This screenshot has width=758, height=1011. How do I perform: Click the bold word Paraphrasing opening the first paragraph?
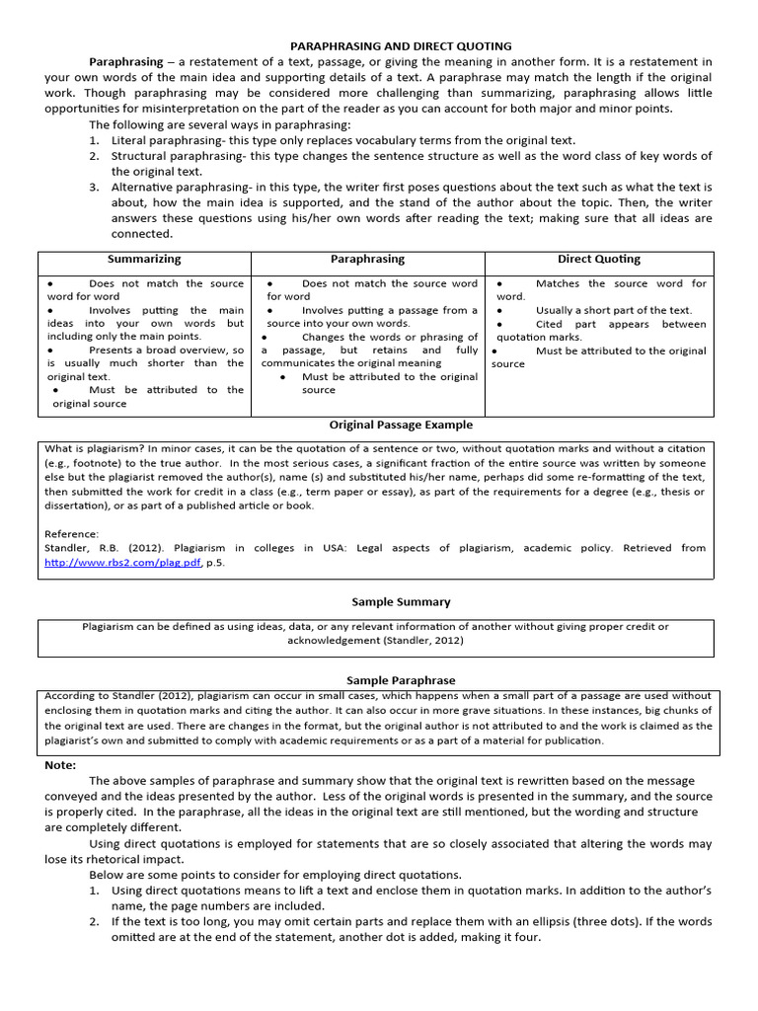pos(126,61)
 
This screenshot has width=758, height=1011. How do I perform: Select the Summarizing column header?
pos(144,260)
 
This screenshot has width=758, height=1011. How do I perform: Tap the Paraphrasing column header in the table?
pos(367,260)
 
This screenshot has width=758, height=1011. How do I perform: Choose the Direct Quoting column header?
pos(598,260)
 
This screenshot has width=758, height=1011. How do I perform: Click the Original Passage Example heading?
pos(400,426)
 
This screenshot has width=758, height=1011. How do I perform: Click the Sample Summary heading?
pos(401,601)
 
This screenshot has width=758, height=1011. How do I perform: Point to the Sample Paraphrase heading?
pos(401,681)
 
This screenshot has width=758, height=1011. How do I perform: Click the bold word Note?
pos(61,765)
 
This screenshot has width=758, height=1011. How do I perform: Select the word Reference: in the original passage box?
pos(72,533)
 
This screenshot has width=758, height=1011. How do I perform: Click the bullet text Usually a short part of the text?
pos(614,310)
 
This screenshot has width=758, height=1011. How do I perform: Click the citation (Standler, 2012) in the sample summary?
pos(417,640)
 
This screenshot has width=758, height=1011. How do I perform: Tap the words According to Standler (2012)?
pos(109,696)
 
